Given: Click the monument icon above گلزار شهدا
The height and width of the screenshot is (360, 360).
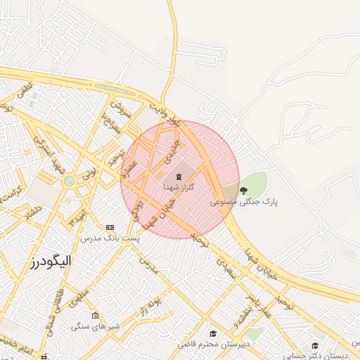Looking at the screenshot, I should coord(178,175).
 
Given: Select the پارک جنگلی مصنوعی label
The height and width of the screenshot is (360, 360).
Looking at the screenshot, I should coord(244,202).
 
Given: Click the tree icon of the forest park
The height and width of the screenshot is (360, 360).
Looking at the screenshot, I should coord(244,190).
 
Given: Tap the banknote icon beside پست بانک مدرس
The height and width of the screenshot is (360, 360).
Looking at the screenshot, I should coord(110,227).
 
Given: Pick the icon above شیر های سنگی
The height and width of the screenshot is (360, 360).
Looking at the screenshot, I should coord(95,314).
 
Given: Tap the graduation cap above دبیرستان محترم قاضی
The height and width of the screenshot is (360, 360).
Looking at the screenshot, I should coord(212,333).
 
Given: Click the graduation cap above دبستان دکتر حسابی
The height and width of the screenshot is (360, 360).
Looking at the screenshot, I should coord(315,345).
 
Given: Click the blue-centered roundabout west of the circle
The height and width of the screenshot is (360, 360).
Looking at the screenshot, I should coord(69,181).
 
